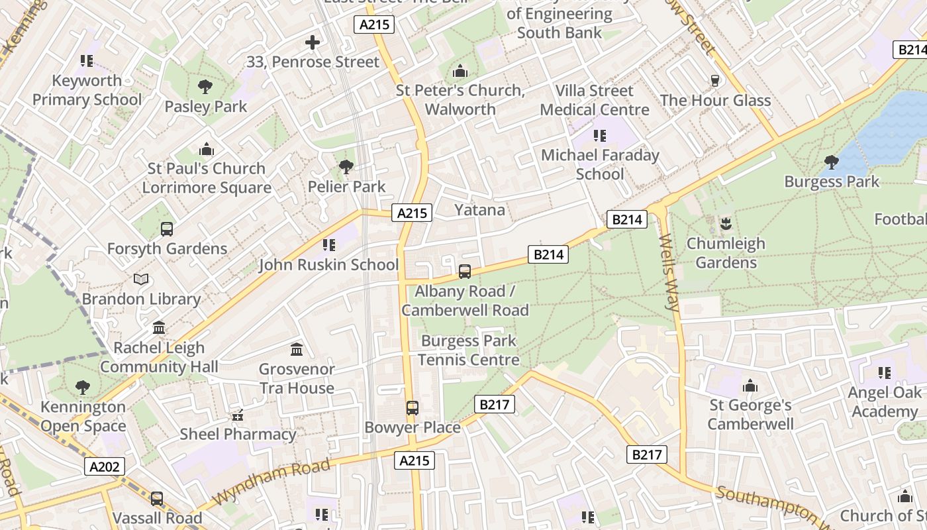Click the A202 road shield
pyautogui.click(x=105, y=466)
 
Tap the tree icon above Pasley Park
pyautogui.click(x=205, y=86)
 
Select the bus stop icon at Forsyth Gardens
pyautogui.click(x=167, y=229)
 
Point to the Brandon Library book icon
pyautogui.click(x=141, y=280)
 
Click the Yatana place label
pyautogui.click(x=479, y=210)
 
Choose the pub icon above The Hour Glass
pyautogui.click(x=715, y=81)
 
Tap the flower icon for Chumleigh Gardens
pyautogui.click(x=726, y=223)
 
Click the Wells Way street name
pyautogui.click(x=669, y=272)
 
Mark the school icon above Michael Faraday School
pyautogui.click(x=600, y=136)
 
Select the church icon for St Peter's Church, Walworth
pyautogui.click(x=460, y=71)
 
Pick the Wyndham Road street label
pyautogui.click(x=271, y=482)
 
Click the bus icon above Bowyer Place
pyautogui.click(x=413, y=407)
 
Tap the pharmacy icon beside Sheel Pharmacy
pyautogui.click(x=238, y=415)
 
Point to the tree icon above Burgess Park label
pyautogui.click(x=831, y=162)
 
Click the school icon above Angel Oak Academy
pyautogui.click(x=884, y=373)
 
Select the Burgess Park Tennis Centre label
pyautogui.click(x=469, y=350)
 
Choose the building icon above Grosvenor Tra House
pyautogui.click(x=297, y=349)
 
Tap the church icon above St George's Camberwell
pyautogui.click(x=750, y=386)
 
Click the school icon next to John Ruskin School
pyautogui.click(x=329, y=245)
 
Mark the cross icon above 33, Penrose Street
pyautogui.click(x=313, y=43)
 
